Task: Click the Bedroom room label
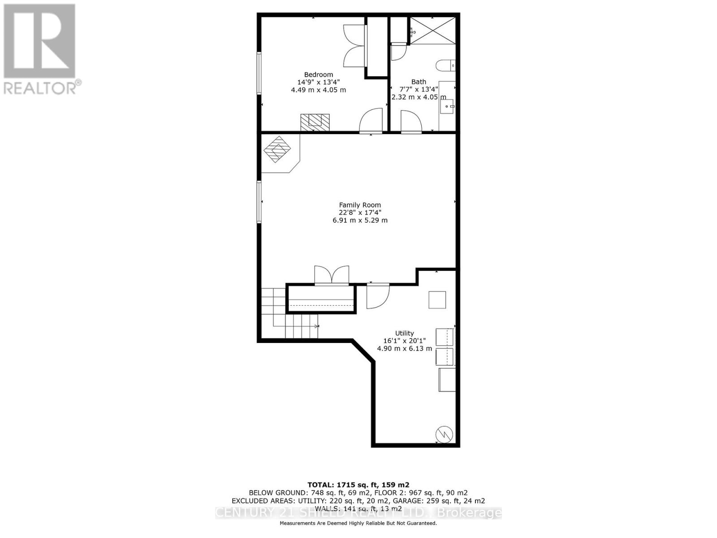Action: (x=318, y=75)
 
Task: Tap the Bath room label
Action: (x=419, y=82)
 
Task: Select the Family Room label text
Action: (x=360, y=205)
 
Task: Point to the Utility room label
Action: (x=404, y=333)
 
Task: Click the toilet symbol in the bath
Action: (x=445, y=65)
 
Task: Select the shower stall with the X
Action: (x=433, y=30)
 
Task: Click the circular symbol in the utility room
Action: (x=444, y=434)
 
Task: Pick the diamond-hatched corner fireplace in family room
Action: (x=277, y=149)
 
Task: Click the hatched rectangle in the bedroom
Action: (x=315, y=122)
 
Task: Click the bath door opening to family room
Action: (x=410, y=122)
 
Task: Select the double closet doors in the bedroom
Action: (x=354, y=46)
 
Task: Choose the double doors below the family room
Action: (x=332, y=275)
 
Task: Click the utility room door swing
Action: (x=377, y=296)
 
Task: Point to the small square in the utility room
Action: (x=437, y=299)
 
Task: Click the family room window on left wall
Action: (x=259, y=202)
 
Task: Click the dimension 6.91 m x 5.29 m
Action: (x=360, y=221)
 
